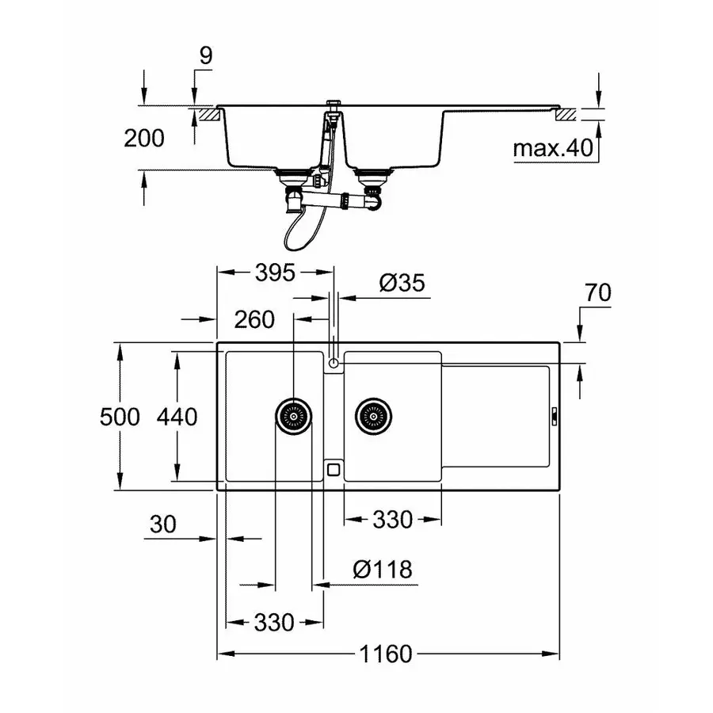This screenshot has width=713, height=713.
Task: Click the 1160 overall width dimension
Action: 388,654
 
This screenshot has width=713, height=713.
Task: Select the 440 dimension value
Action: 177,417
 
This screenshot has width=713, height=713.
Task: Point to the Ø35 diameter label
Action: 402,283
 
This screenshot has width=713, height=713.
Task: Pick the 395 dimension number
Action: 275,273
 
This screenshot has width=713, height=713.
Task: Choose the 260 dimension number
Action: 254,319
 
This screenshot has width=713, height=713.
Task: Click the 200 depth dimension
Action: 144,138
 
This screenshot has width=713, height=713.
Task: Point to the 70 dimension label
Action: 597,293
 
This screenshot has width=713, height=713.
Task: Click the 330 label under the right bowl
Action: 392,520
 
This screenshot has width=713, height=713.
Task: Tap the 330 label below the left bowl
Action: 275,622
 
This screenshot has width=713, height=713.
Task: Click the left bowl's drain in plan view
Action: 293,415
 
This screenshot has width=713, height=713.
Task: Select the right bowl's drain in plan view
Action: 373,415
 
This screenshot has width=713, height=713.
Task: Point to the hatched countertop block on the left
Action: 209,114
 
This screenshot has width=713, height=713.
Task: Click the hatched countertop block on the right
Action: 568,113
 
